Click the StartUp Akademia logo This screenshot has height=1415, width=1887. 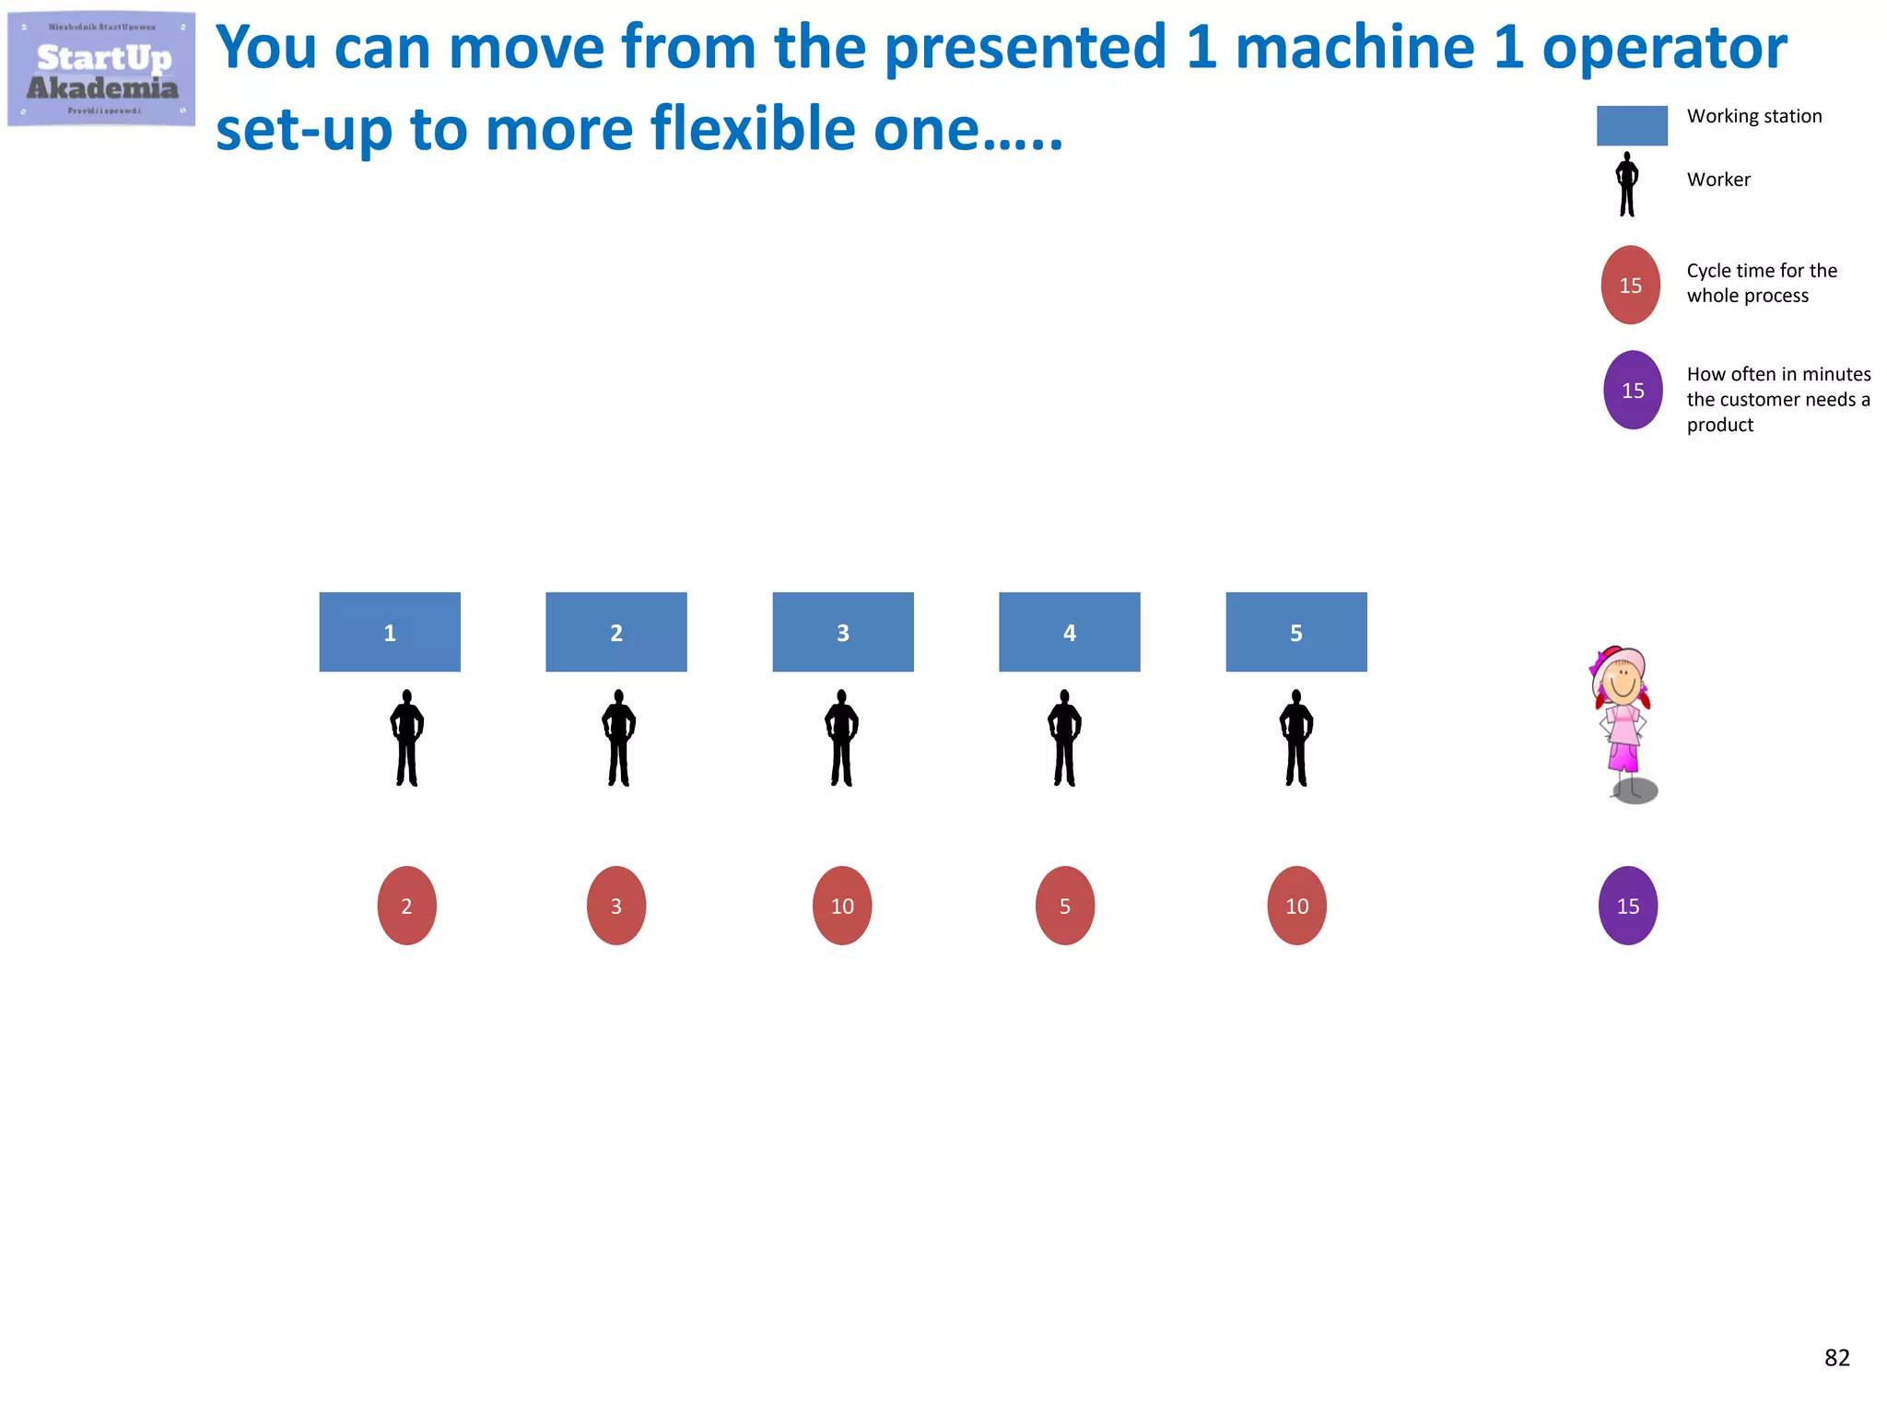point(101,69)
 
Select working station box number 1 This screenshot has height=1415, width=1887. point(390,632)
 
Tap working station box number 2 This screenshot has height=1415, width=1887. point(616,632)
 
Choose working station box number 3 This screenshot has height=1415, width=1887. point(843,632)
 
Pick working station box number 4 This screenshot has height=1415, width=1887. point(1070,632)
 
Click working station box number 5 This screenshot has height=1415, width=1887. point(1296,632)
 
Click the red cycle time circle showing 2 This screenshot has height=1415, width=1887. point(406,906)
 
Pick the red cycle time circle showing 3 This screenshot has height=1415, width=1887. point(616,906)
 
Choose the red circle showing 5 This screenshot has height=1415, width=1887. point(1065,906)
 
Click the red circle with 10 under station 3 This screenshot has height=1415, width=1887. point(842,906)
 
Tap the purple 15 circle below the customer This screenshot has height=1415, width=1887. point(1628,906)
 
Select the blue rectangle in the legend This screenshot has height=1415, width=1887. point(1632,125)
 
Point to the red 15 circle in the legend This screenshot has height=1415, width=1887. point(1631,285)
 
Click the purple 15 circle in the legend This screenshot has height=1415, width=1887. point(1633,390)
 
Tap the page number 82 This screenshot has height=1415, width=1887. point(1836,1358)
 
